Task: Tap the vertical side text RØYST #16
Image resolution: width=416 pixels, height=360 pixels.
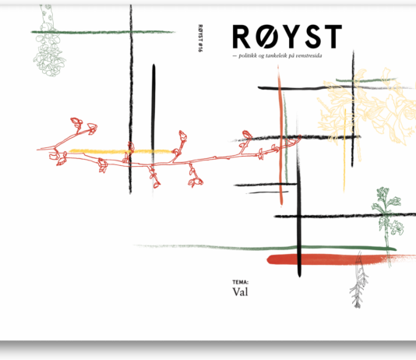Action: click(200, 38)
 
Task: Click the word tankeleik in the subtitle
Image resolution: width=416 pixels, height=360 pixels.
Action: click(277, 55)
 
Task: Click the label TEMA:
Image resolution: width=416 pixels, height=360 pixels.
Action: click(241, 282)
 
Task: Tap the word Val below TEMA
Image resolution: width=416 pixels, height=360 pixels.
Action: click(241, 292)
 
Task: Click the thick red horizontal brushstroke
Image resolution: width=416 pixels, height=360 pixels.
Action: click(340, 259)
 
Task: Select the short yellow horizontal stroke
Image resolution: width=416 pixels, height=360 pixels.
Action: click(121, 151)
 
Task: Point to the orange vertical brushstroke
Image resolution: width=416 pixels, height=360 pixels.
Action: click(280, 136)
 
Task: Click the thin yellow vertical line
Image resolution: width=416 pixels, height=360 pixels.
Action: click(344, 150)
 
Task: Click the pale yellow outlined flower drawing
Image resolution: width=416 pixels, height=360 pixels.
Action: click(368, 106)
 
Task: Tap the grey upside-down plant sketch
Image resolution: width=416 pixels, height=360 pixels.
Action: click(358, 281)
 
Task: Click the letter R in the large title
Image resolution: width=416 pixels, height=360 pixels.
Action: click(241, 37)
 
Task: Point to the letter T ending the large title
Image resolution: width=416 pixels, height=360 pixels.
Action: click(333, 37)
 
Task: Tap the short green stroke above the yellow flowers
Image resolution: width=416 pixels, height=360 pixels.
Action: click(366, 79)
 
